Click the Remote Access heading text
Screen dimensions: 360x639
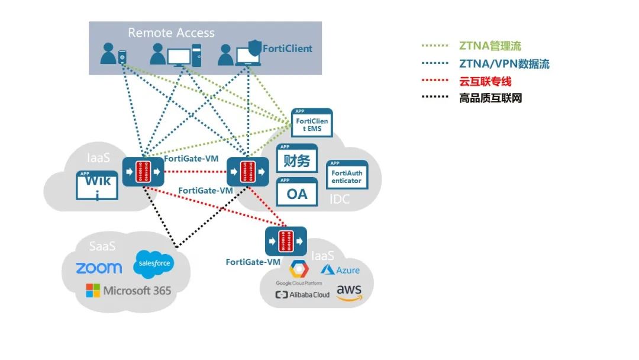[171, 33]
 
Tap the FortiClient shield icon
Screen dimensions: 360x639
[253, 48]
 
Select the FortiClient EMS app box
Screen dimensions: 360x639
[312, 124]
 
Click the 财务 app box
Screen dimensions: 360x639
[297, 159]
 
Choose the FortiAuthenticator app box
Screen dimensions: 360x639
[347, 175]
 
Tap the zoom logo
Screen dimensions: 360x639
[99, 268]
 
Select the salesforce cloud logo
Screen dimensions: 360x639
[154, 263]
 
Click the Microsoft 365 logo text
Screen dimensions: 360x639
[129, 291]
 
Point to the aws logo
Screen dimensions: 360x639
[348, 291]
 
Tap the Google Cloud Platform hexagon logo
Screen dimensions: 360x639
[299, 269]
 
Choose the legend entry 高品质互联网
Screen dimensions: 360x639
[490, 98]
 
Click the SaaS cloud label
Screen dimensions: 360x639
[102, 246]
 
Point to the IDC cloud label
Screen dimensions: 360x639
[340, 200]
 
